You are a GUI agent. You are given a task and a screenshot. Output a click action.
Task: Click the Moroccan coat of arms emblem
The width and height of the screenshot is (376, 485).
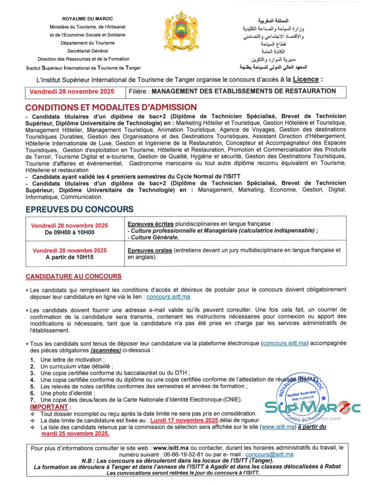click(181, 31)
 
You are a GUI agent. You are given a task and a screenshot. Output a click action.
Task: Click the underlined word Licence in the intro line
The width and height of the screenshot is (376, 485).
click(306, 79)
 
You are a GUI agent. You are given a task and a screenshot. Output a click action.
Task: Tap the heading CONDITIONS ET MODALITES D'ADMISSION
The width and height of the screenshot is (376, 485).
click(111, 107)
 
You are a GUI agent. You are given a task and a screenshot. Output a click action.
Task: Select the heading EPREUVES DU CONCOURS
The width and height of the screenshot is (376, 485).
click(79, 209)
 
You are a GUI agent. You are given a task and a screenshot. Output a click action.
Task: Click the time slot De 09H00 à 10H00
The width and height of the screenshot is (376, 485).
click(69, 233)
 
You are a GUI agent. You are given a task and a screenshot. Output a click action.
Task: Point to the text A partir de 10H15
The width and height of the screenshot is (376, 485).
click(69, 257)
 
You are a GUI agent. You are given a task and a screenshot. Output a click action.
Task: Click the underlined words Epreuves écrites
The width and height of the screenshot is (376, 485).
click(151, 224)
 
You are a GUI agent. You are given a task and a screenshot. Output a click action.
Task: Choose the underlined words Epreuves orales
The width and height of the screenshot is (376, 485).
click(149, 250)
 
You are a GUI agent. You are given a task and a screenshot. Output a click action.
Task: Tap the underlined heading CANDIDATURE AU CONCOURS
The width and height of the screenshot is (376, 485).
click(73, 276)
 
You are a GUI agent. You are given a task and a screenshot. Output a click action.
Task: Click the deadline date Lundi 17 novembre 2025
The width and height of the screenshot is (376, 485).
click(184, 420)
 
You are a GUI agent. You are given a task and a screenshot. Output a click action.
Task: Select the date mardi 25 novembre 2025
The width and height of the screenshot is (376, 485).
click(75, 433)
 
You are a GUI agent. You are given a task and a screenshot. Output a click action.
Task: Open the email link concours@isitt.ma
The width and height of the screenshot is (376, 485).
click(269, 455)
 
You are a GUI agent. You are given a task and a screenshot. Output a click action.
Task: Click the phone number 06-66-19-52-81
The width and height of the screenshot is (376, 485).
click(185, 455)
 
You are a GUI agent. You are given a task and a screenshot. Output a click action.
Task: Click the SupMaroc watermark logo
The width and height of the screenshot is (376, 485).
click(312, 407)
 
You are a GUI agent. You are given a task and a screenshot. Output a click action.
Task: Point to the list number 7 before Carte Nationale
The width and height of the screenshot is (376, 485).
click(33, 400)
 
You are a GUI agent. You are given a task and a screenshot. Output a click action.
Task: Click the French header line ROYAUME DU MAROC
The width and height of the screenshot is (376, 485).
click(88, 19)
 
